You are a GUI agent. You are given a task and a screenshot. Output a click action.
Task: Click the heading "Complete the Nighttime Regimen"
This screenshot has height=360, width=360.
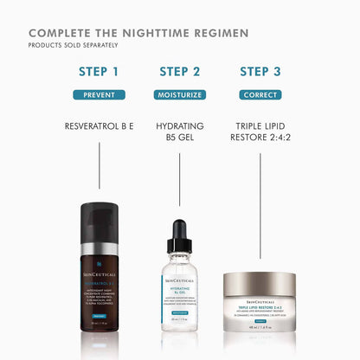point(138,33)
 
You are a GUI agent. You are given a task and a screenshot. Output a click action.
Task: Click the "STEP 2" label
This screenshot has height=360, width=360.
point(179,71)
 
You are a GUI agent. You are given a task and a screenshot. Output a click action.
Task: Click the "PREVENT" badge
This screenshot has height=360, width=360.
point(99,94)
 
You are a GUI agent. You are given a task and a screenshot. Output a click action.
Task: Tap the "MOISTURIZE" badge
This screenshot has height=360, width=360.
point(179,94)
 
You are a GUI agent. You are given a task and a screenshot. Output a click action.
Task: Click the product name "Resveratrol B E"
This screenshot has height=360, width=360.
point(99,125)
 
